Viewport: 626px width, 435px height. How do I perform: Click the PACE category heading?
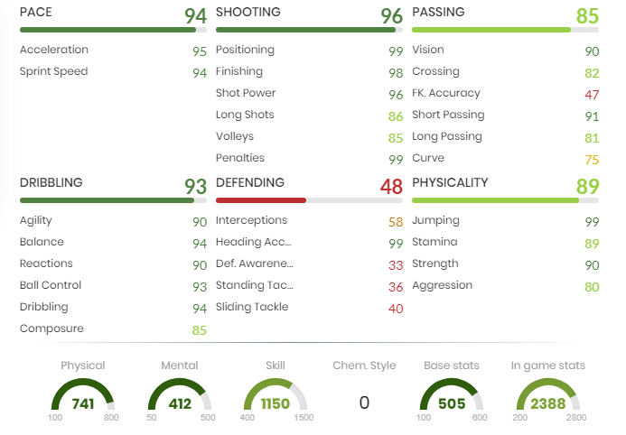click(36, 13)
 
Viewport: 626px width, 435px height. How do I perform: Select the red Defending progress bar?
click(261, 199)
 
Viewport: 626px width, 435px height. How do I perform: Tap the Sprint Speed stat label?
click(54, 71)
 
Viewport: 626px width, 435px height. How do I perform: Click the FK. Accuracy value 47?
click(592, 94)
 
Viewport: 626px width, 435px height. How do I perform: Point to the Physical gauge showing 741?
click(83, 397)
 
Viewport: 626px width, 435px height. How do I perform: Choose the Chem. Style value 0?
click(364, 403)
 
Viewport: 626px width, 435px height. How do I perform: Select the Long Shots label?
click(245, 115)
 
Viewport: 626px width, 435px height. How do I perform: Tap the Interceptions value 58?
click(396, 221)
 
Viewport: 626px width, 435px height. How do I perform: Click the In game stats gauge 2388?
click(547, 397)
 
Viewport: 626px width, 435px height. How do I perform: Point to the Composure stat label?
click(51, 329)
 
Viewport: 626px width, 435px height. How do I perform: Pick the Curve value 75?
click(592, 159)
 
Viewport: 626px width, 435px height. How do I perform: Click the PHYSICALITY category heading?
click(450, 182)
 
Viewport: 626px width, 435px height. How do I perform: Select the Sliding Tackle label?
click(252, 307)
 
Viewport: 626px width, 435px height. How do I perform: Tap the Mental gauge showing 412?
click(180, 397)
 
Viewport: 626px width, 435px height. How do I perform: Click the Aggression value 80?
click(592, 286)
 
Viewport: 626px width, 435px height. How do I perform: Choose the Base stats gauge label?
click(452, 366)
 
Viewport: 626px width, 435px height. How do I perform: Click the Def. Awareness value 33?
click(396, 264)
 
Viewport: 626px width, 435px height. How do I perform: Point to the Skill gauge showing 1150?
click(276, 397)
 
